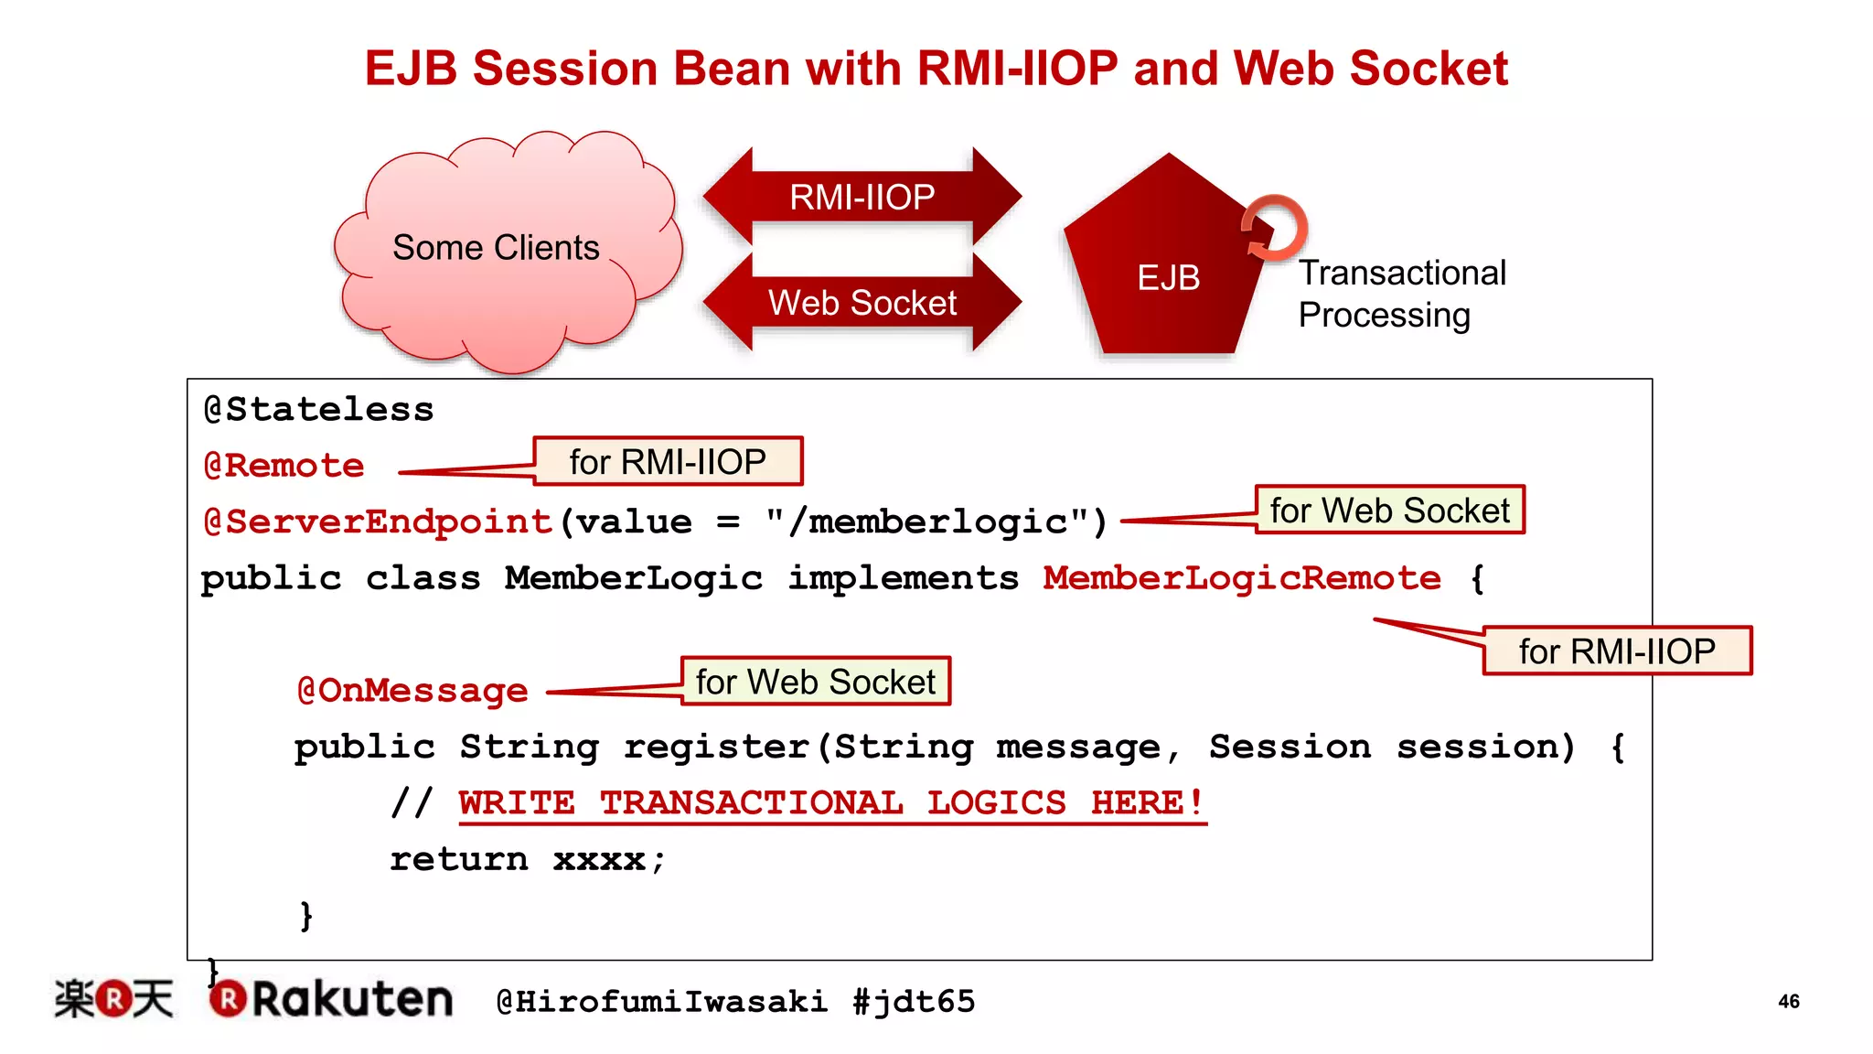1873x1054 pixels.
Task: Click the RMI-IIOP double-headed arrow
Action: [862, 197]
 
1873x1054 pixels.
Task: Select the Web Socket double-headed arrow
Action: [862, 303]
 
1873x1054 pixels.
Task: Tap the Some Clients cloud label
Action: [496, 248]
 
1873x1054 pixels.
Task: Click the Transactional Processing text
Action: [1401, 294]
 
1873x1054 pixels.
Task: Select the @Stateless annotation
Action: [318, 409]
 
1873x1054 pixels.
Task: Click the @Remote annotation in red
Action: [284, 466]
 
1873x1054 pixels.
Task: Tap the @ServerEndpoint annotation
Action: [378, 522]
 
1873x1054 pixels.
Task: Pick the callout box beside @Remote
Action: [668, 461]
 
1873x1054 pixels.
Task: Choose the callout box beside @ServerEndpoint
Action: [1389, 510]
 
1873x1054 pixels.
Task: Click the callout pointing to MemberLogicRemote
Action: [1616, 651]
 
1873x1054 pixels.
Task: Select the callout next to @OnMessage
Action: [815, 682]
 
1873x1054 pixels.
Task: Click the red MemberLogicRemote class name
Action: [1241, 578]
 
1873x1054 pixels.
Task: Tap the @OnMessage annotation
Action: [412, 691]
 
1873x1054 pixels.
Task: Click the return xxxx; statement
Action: [528, 860]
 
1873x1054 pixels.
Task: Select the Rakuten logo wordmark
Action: [352, 999]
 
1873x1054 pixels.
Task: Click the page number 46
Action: [1789, 1001]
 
